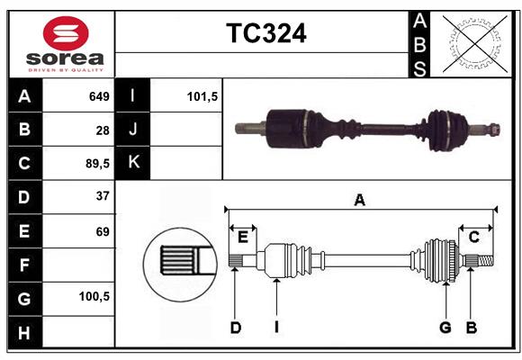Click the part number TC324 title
265,33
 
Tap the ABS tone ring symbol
473,43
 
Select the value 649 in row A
99,96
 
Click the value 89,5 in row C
95,163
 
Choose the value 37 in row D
103,196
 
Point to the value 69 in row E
103,231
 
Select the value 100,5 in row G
94,296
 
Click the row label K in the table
133,163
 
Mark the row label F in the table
23,265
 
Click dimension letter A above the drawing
360,200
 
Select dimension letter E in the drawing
242,237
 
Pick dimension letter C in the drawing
473,237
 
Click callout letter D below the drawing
235,328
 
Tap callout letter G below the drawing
445,328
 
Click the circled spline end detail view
180,262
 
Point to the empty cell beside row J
186,130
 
